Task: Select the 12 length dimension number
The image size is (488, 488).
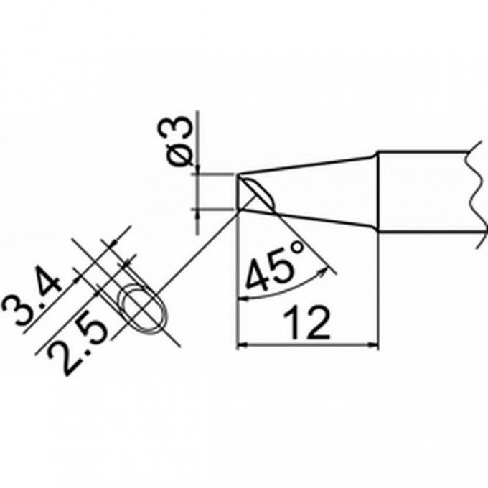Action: [x=306, y=322]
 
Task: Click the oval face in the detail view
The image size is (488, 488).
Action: [x=144, y=308]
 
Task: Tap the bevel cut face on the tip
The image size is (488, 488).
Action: [x=257, y=194]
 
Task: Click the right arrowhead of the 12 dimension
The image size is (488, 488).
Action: [x=374, y=344]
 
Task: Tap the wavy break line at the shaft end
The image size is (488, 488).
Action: [x=477, y=191]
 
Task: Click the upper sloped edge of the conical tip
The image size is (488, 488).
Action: [x=307, y=164]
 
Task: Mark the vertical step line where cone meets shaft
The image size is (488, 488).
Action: [x=377, y=191]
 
